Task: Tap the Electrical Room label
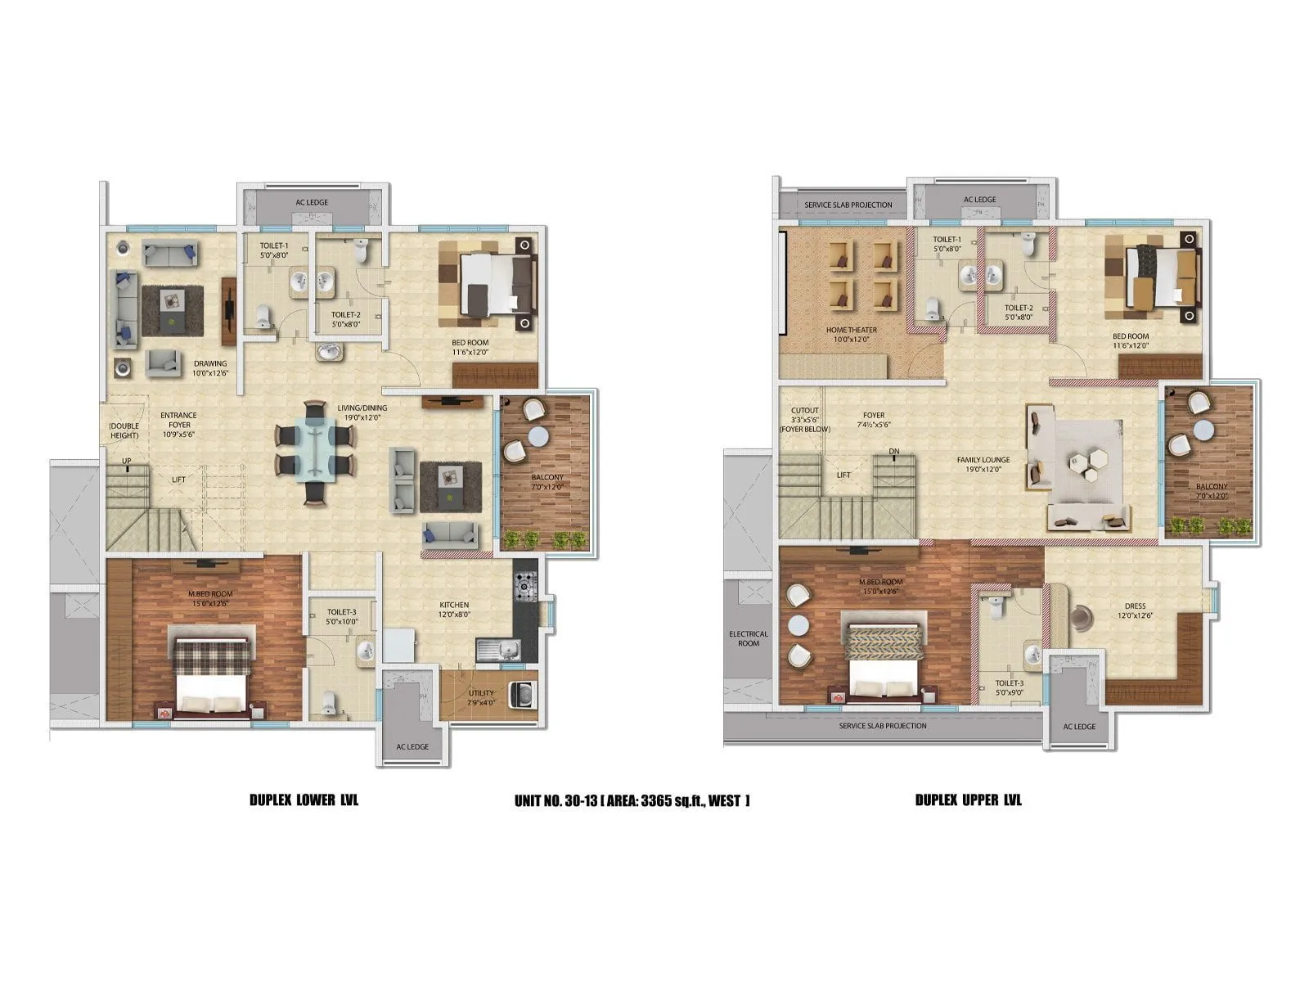(x=749, y=638)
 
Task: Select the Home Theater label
(x=851, y=334)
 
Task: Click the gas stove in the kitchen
(x=524, y=586)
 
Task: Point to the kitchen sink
(x=498, y=651)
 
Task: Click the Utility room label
(x=481, y=697)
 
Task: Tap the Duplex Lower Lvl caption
(x=304, y=800)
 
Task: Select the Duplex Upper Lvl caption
(x=968, y=800)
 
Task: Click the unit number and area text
(x=632, y=800)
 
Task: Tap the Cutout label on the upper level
(x=805, y=420)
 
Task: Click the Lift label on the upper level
(x=843, y=475)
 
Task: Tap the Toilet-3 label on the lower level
(x=341, y=616)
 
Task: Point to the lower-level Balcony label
(x=547, y=481)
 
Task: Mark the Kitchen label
(x=454, y=610)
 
